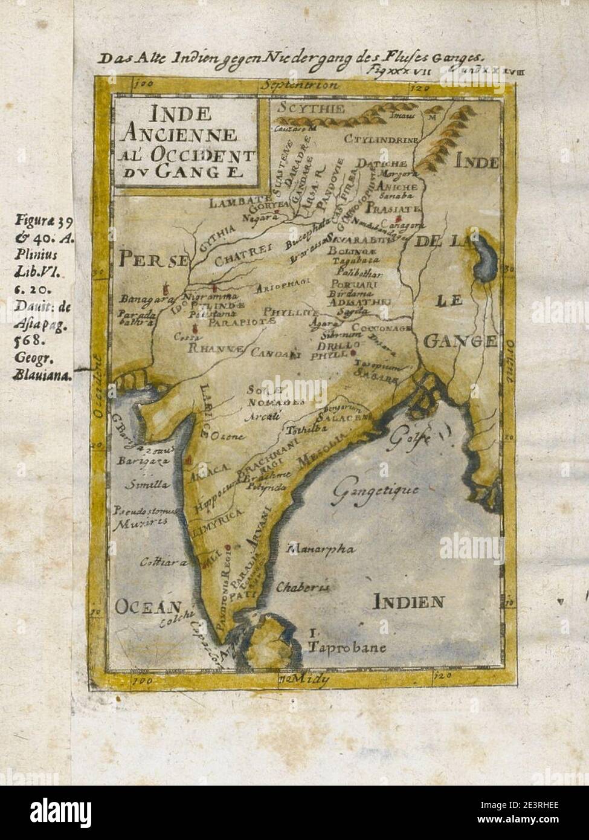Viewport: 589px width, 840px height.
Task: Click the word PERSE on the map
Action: pos(153,259)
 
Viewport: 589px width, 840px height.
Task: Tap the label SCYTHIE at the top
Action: pos(309,110)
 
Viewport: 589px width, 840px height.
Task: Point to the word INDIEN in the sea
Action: pos(408,602)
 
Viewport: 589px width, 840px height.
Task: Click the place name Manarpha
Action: pos(321,549)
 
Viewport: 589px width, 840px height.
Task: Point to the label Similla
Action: pos(143,485)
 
